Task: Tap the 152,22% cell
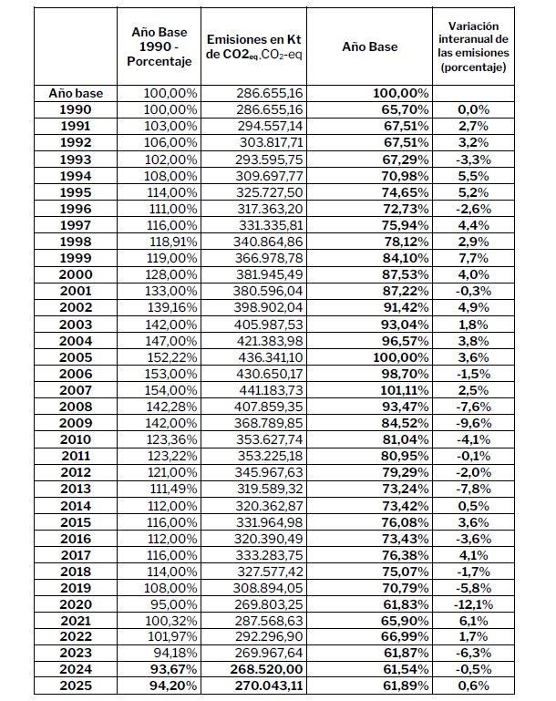pyautogui.click(x=170, y=356)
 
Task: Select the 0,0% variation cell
pyautogui.click(x=474, y=108)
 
